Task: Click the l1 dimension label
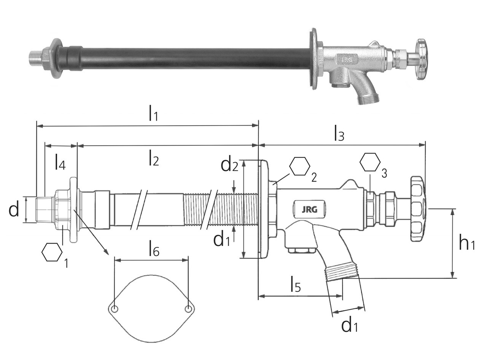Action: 153,113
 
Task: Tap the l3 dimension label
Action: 339,133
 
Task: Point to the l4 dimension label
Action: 60,162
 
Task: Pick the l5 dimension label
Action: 295,284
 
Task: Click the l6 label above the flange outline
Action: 153,250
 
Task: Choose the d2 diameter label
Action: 229,165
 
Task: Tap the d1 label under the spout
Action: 350,325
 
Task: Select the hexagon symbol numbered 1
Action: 52,252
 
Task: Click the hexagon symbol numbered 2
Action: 300,166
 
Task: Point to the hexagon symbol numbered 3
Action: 370,162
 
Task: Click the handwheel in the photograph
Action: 422,59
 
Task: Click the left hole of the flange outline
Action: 115,309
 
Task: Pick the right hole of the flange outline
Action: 188,309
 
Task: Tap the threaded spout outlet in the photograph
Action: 367,99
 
